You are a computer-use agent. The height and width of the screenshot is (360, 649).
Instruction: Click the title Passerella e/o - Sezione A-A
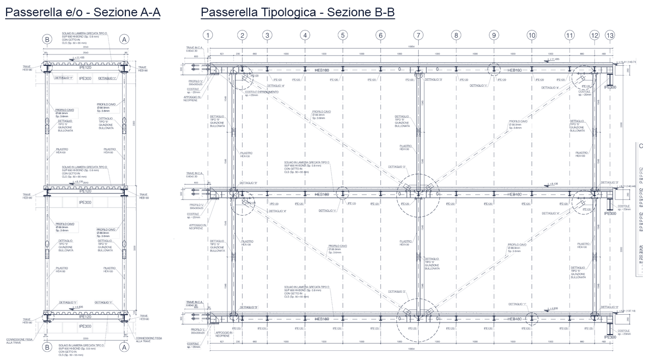83,13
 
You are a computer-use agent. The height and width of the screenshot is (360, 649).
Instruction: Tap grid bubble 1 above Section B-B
207,35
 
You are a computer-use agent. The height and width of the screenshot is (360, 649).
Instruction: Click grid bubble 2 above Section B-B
242,35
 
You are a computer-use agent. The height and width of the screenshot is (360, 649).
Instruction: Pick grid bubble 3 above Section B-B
267,35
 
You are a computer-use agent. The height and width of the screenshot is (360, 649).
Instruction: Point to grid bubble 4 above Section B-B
305,35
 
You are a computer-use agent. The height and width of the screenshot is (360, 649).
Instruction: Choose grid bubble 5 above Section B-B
343,35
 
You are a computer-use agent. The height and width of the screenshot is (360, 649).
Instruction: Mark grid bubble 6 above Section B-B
381,35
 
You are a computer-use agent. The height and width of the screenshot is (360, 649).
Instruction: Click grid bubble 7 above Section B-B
418,35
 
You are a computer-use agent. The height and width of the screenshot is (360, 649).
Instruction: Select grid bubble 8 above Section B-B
456,35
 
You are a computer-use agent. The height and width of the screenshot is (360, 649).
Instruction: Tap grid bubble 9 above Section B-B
494,35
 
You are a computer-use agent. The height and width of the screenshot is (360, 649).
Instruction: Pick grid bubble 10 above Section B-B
532,35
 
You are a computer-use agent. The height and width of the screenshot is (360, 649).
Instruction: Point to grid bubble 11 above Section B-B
570,35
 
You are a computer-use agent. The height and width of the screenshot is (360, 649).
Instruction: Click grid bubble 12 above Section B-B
594,35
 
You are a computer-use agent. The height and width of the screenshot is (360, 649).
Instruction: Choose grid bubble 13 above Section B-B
610,35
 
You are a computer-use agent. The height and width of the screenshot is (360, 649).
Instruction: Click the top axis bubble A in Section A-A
124,39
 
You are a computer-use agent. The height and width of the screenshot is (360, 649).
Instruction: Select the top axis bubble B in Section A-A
47,39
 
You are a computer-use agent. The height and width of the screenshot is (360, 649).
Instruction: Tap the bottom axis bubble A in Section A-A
124,347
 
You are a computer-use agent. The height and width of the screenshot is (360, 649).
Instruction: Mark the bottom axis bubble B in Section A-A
47,347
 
